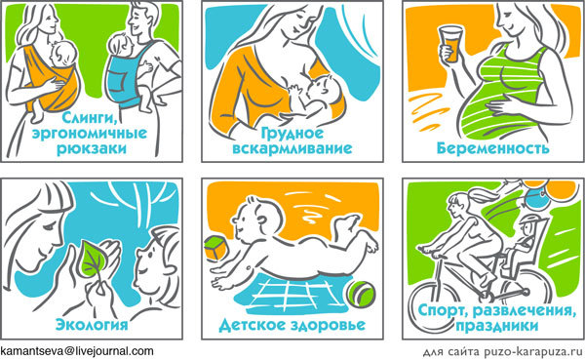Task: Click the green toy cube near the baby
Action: [x=214, y=247]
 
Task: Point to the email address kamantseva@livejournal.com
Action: [x=77, y=350]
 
